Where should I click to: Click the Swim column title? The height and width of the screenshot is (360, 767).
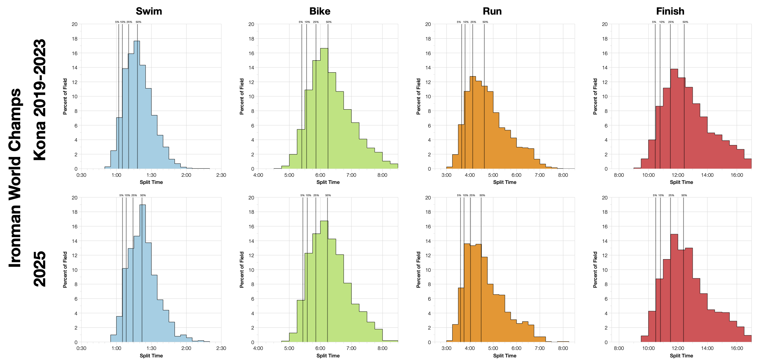click(x=149, y=11)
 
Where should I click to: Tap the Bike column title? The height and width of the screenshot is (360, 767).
click(x=320, y=11)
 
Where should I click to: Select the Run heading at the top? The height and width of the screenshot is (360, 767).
click(x=492, y=11)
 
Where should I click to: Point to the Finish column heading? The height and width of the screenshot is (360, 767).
click(x=670, y=11)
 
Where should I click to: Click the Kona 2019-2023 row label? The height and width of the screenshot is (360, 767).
click(x=40, y=100)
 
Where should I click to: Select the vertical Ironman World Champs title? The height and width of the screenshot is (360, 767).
click(x=15, y=178)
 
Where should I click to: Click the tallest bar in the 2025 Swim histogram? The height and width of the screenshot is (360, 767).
click(x=143, y=276)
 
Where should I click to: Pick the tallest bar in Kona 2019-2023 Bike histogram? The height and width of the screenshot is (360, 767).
click(x=324, y=110)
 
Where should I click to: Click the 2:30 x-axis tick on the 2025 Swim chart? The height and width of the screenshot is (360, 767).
click(x=221, y=348)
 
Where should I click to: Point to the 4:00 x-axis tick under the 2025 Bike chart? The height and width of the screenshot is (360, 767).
click(x=258, y=348)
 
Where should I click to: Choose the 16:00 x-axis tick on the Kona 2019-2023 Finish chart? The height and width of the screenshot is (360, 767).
click(x=737, y=175)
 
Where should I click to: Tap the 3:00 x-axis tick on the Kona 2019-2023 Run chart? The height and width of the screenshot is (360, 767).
click(x=446, y=175)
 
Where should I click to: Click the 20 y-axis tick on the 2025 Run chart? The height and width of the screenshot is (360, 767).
click(x=428, y=198)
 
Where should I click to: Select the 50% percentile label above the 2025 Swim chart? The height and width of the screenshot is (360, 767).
click(x=143, y=195)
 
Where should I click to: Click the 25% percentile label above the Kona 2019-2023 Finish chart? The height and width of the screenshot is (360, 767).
click(x=671, y=22)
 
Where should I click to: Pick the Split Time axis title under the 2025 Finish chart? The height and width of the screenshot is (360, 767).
click(x=681, y=356)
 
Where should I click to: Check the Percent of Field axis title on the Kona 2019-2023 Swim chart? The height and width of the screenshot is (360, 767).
click(x=65, y=96)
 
